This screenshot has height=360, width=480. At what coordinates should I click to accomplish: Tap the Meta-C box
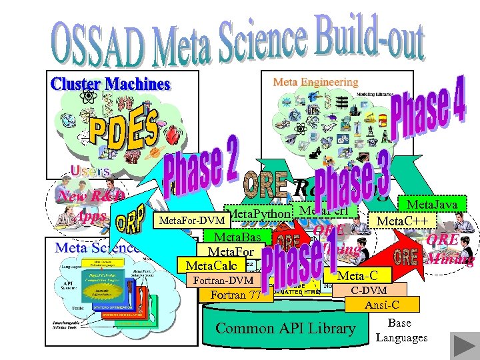357,276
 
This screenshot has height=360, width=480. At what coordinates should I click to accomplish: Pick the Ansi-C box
383,305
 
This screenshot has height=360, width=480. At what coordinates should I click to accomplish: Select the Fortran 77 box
236,295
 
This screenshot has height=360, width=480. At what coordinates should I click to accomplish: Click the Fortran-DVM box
223,281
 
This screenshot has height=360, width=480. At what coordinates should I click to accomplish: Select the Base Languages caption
401,331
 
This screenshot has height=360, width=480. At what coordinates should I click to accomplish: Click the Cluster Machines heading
111,85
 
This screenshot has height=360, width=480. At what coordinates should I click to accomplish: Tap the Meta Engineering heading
315,82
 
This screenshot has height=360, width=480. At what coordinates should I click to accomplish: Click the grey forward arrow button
459,344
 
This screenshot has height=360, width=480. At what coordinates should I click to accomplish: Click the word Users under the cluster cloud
89,171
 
